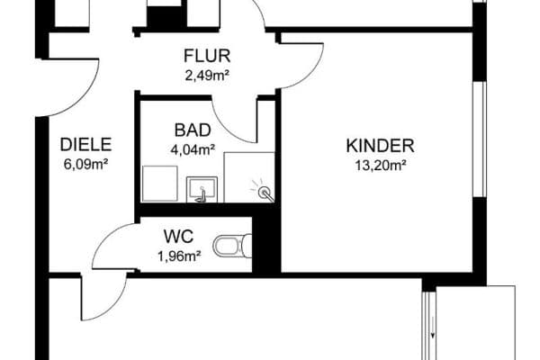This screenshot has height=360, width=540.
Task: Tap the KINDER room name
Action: pyautogui.click(x=381, y=146)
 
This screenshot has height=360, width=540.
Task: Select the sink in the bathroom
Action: pyautogui.click(x=202, y=189)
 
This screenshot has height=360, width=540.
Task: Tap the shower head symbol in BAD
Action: pyautogui.click(x=264, y=191)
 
